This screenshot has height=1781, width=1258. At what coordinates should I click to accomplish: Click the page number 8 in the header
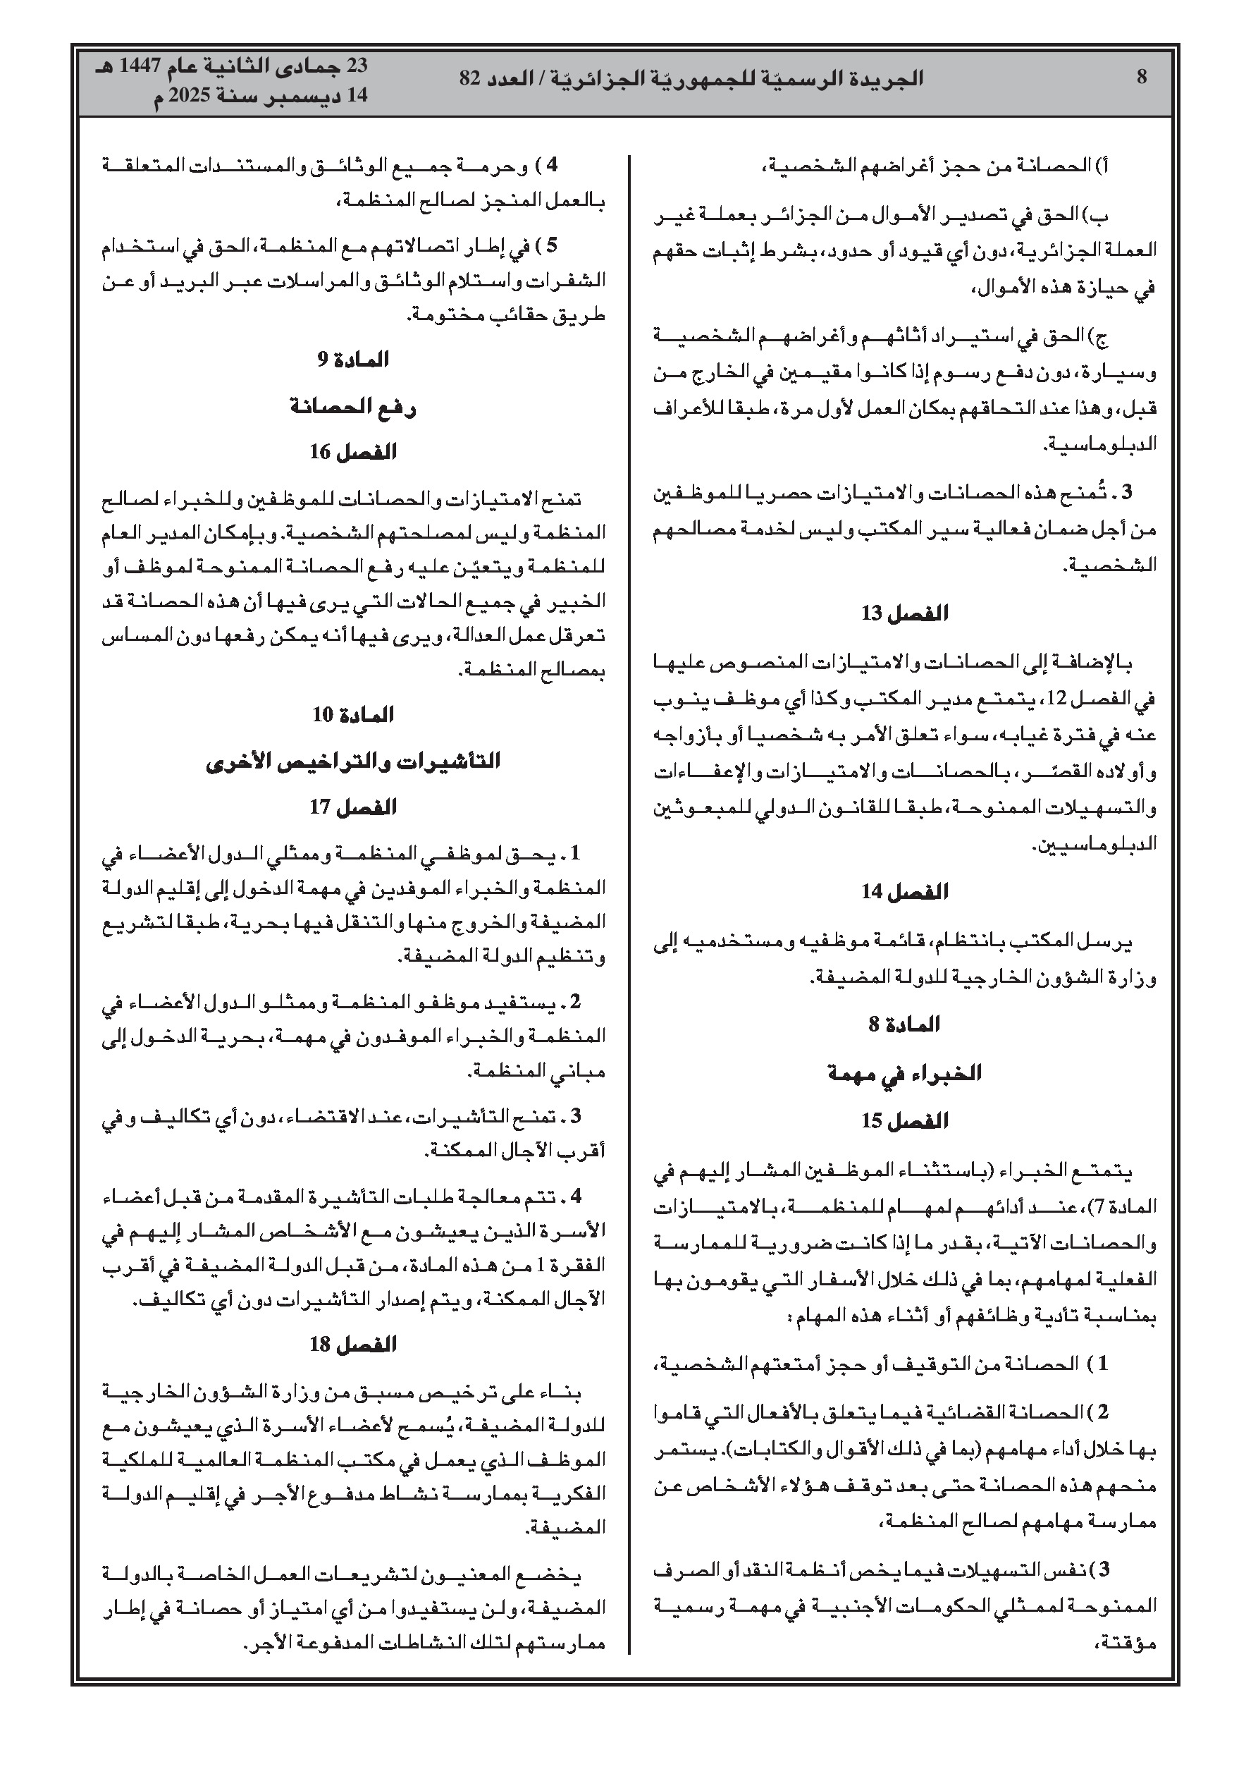tap(1141, 78)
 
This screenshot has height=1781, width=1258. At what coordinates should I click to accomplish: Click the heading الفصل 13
tap(904, 613)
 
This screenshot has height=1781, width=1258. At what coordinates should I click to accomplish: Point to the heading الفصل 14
tap(904, 891)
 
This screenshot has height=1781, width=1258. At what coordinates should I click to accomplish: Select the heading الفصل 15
tap(904, 1121)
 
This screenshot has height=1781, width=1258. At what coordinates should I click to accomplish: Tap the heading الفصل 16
tap(353, 451)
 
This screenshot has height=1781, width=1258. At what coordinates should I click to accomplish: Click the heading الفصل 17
tap(353, 807)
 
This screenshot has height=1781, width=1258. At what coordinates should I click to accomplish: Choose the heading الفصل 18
tap(353, 1345)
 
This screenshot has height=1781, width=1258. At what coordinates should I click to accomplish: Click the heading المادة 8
tap(904, 1024)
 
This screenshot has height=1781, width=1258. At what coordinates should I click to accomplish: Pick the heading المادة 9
tap(353, 360)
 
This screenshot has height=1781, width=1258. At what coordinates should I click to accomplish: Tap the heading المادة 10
tap(353, 714)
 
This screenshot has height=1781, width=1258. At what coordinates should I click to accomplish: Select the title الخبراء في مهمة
tap(904, 1074)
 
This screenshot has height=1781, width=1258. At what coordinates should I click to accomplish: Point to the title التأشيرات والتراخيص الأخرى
tap(353, 761)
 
